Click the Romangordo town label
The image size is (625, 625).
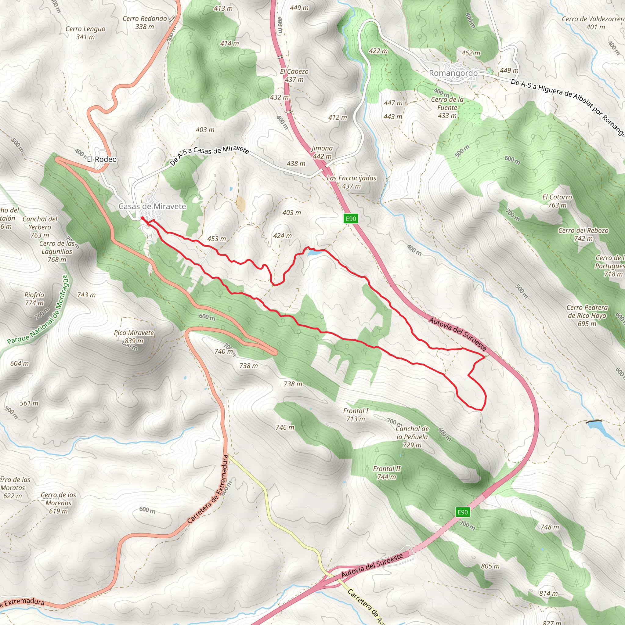tap(453, 73)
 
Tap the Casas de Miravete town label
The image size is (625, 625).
tap(152, 206)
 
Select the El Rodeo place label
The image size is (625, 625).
tap(102, 159)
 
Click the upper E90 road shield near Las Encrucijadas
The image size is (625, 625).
tap(351, 219)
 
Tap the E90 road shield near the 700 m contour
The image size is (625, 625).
tap(462, 512)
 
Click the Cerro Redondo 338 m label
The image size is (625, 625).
tap(145, 23)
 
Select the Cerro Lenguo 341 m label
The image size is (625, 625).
tap(85, 33)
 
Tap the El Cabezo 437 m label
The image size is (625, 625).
tap(294, 75)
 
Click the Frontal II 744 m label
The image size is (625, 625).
tap(387, 472)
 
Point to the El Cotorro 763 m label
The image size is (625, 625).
tap(557, 201)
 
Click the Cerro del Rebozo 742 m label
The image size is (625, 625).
tap(583, 234)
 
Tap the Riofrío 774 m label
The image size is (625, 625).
tap(34, 298)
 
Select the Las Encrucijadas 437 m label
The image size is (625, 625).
tap(351, 182)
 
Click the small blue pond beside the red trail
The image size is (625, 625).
tap(313, 254)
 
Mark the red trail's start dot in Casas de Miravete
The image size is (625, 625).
tap(142, 219)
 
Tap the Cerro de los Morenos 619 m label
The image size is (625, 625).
tap(58, 503)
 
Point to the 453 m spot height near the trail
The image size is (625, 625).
tap(216, 239)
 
